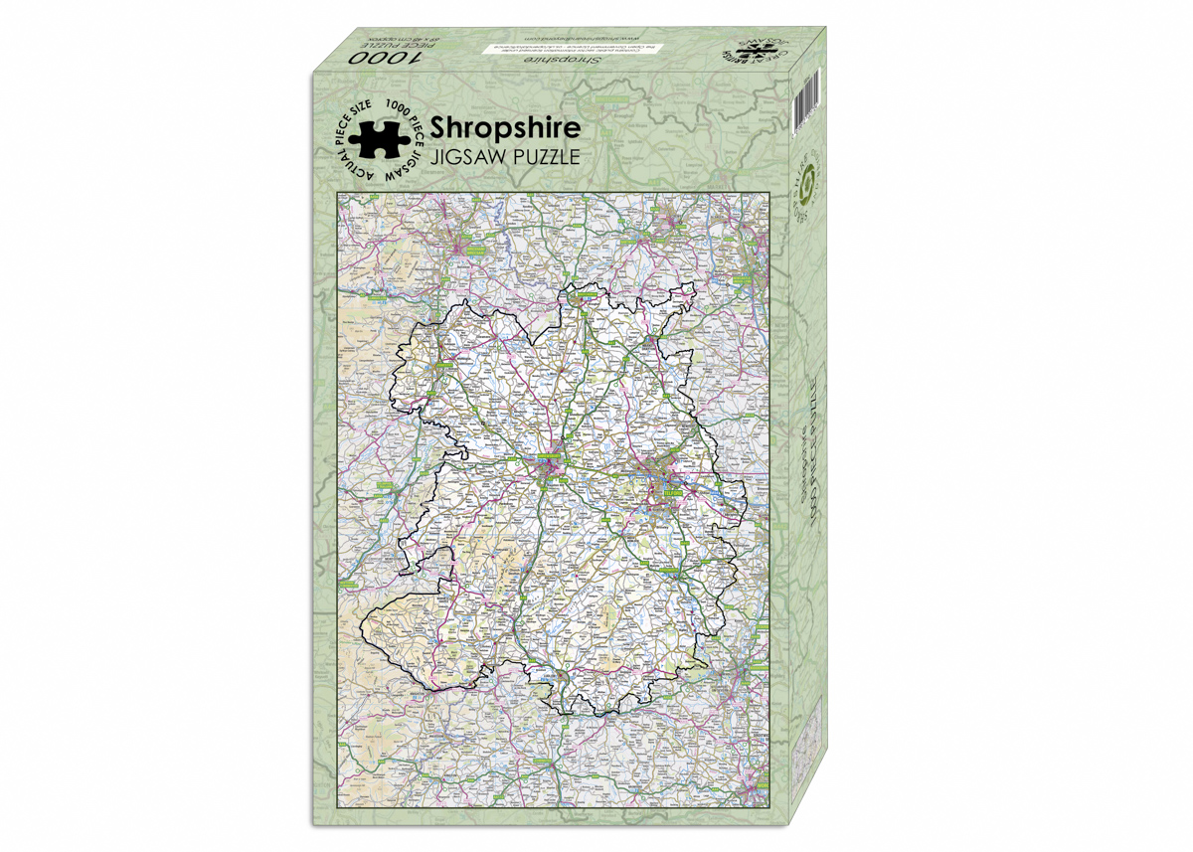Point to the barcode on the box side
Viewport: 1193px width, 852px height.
tap(804, 104)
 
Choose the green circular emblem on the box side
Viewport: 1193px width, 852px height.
tap(806, 184)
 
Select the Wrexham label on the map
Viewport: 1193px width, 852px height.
tap(475, 253)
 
